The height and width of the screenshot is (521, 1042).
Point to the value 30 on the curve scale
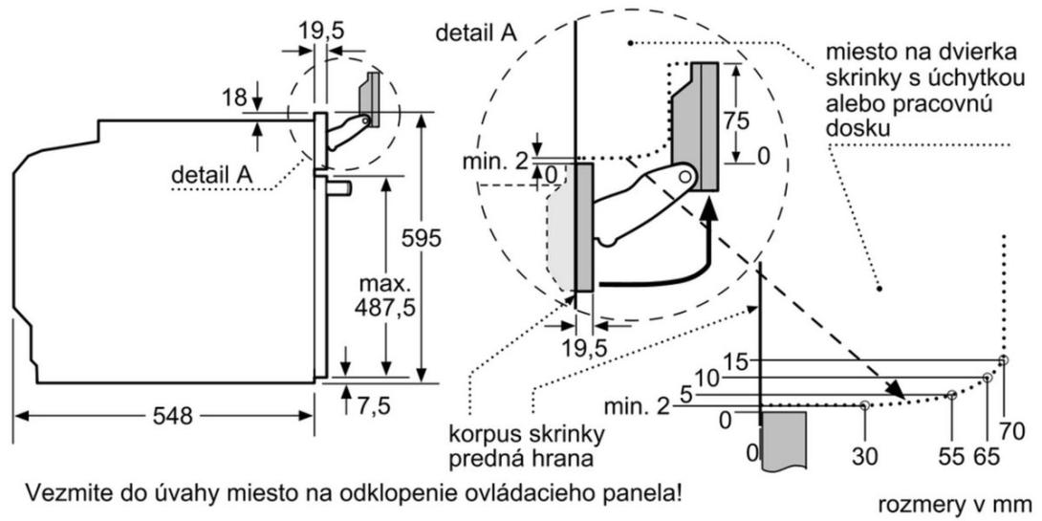(x=864, y=457)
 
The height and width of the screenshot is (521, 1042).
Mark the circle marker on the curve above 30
(x=864, y=405)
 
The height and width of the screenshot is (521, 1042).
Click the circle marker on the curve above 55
(x=951, y=395)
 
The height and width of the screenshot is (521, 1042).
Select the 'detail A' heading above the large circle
(x=476, y=33)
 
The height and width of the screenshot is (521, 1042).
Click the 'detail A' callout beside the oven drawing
(x=211, y=176)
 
